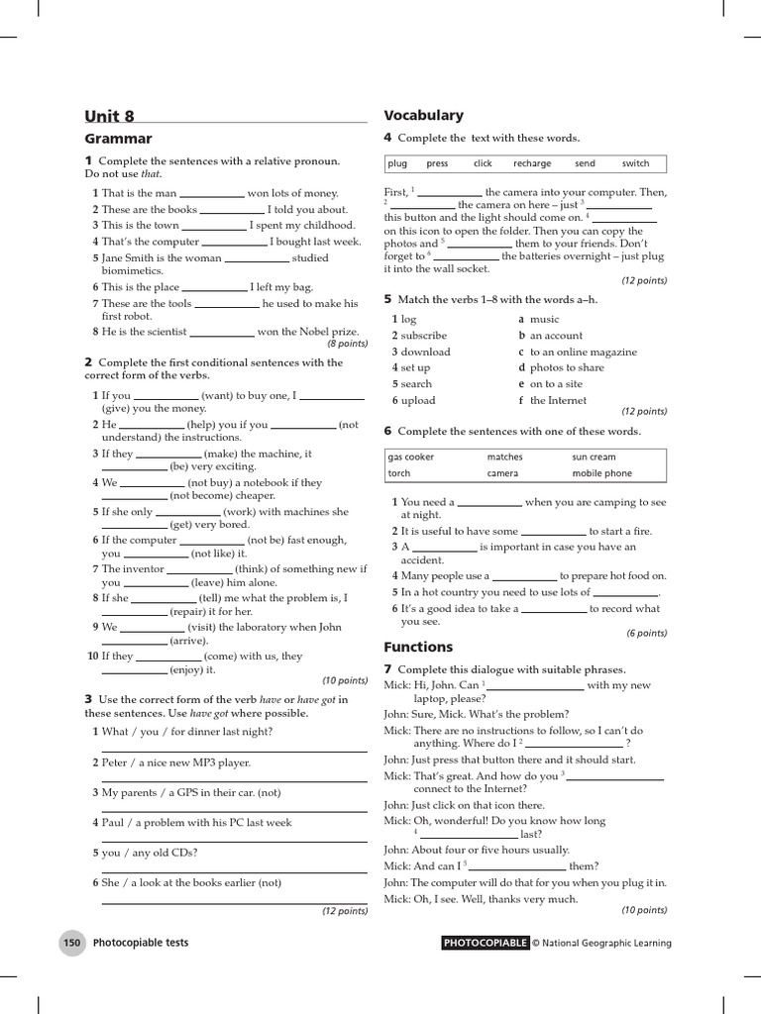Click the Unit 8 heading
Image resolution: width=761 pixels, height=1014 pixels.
click(109, 115)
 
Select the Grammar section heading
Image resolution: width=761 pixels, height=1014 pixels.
click(118, 139)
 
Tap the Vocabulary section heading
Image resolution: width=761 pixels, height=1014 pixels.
click(423, 115)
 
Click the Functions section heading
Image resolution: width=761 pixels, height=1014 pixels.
click(417, 647)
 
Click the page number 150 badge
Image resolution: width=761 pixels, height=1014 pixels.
click(71, 943)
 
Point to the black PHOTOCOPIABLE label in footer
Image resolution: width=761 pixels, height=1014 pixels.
click(485, 943)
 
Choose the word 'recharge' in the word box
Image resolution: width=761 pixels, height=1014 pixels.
click(532, 163)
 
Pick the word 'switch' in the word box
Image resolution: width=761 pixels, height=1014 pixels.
click(635, 163)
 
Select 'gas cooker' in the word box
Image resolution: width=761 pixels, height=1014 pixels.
click(411, 457)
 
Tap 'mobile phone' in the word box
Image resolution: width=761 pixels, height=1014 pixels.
click(601, 473)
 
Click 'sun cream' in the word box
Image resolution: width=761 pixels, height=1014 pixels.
click(594, 457)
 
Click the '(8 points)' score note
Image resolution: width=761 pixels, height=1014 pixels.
click(347, 344)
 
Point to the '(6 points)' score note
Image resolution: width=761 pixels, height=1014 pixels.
click(646, 633)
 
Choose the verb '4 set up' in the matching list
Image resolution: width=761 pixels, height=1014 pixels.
click(411, 367)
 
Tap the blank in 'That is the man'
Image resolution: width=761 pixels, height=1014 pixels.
click(211, 195)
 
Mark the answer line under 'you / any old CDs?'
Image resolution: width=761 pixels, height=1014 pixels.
click(235, 870)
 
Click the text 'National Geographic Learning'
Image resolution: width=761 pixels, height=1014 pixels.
click(607, 943)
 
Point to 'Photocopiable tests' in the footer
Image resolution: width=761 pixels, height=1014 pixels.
click(141, 943)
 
